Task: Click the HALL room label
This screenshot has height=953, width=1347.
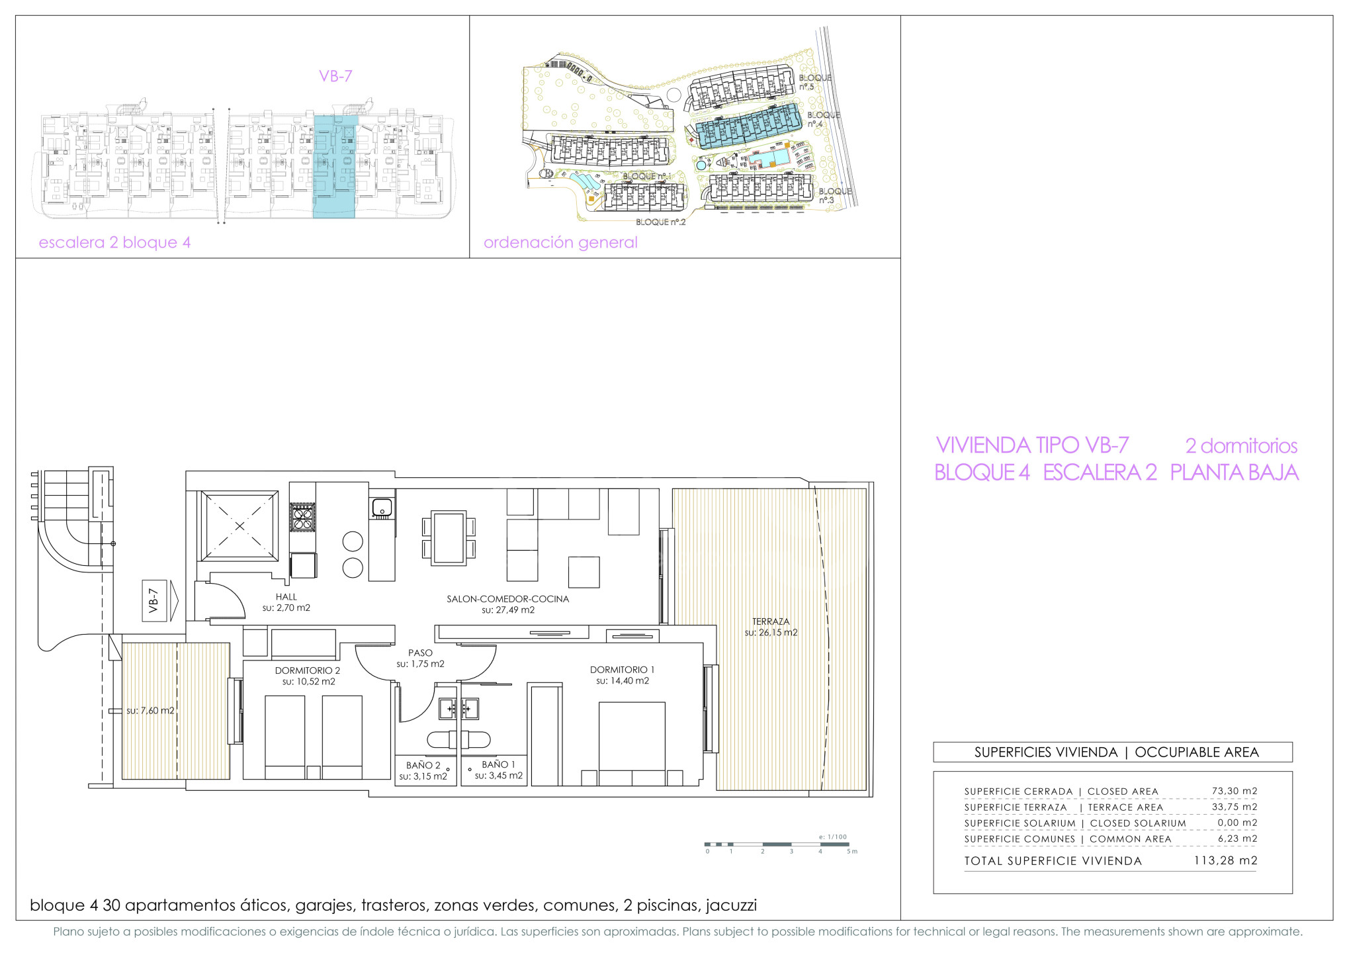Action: coord(286,597)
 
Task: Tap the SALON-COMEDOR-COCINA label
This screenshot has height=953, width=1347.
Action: coord(507,599)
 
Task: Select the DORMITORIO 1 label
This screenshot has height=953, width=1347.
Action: coord(622,670)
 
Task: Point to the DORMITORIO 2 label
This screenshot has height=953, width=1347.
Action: coord(308,670)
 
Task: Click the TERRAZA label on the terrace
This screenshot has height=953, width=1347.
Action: coord(771,621)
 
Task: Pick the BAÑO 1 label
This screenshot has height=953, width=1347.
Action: coord(498,764)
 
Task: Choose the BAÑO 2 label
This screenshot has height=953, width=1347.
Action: coord(423,765)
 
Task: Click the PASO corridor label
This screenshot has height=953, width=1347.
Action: coord(420,653)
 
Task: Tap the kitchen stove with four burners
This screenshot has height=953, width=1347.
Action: coord(303,517)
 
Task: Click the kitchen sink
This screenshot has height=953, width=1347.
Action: coord(382,508)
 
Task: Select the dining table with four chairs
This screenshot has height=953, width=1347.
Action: coord(449,537)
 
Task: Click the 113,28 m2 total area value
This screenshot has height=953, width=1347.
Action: coord(1225,860)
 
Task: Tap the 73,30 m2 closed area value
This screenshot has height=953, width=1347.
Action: coord(1235,791)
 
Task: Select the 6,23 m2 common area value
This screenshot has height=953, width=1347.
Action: coord(1237,839)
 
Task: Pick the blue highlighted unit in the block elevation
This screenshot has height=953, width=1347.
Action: coord(335,166)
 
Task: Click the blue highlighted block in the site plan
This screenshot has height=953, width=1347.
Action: coord(749,125)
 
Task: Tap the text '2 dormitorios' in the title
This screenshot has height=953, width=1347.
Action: coord(1241,445)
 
